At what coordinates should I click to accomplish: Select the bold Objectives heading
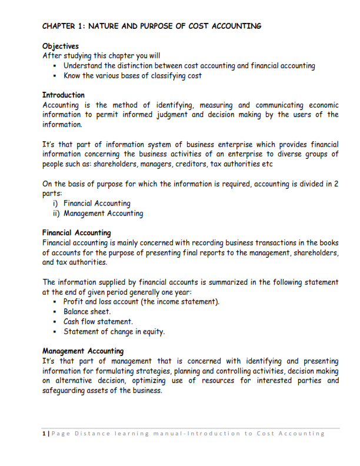[x=61, y=46]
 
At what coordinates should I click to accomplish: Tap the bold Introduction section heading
[x=64, y=95]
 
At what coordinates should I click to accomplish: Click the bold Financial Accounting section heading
[x=76, y=233]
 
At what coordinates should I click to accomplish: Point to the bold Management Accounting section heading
[x=83, y=351]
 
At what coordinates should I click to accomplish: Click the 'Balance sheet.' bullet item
[x=87, y=312]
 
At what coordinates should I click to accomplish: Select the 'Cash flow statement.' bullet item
[x=98, y=322]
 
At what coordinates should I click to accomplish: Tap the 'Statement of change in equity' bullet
[x=114, y=332]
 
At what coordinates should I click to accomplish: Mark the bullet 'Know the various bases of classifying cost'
[x=132, y=75]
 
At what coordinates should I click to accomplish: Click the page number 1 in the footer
[x=45, y=434]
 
